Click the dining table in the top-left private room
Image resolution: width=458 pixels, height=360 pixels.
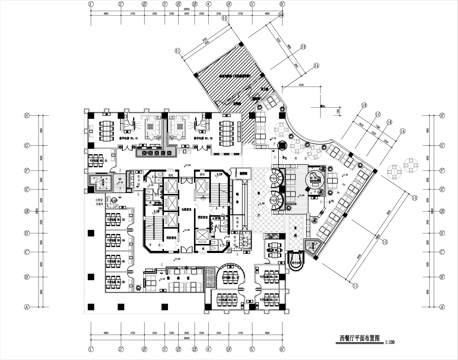click(106, 129)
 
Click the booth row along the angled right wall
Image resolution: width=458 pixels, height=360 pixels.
click(340, 215)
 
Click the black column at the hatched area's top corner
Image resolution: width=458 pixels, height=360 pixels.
click(243, 40)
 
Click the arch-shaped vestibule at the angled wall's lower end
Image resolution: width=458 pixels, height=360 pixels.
click(298, 257)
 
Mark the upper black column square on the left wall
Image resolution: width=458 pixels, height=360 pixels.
click(91, 232)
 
